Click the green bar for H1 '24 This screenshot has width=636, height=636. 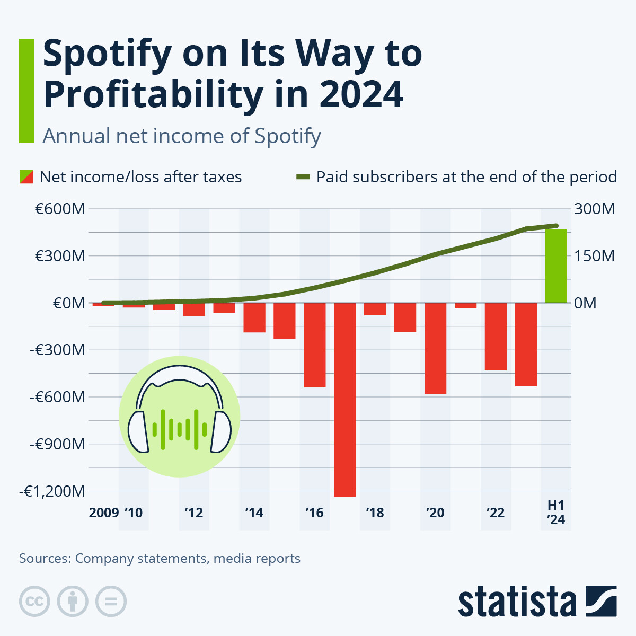tap(556, 266)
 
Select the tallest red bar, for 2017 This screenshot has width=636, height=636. tap(344, 400)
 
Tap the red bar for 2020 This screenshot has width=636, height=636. tap(435, 348)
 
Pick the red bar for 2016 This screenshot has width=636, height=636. tap(314, 345)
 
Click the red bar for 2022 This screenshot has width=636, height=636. tap(496, 337)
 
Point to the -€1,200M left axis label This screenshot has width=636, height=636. tap(52, 491)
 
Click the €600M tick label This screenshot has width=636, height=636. tap(60, 209)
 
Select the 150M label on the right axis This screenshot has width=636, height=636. tap(594, 256)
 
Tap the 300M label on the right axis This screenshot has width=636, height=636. tap(594, 209)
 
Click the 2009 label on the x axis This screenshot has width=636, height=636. tap(104, 513)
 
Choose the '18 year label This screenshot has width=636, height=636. tap(375, 513)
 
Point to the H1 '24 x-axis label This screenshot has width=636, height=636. tap(556, 513)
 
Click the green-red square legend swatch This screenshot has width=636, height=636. tap(26, 176)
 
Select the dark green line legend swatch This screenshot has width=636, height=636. tap(302, 176)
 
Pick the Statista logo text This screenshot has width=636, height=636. tap(517, 602)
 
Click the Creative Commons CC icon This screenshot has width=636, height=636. tap(34, 602)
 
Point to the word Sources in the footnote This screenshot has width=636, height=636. tap(45, 558)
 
